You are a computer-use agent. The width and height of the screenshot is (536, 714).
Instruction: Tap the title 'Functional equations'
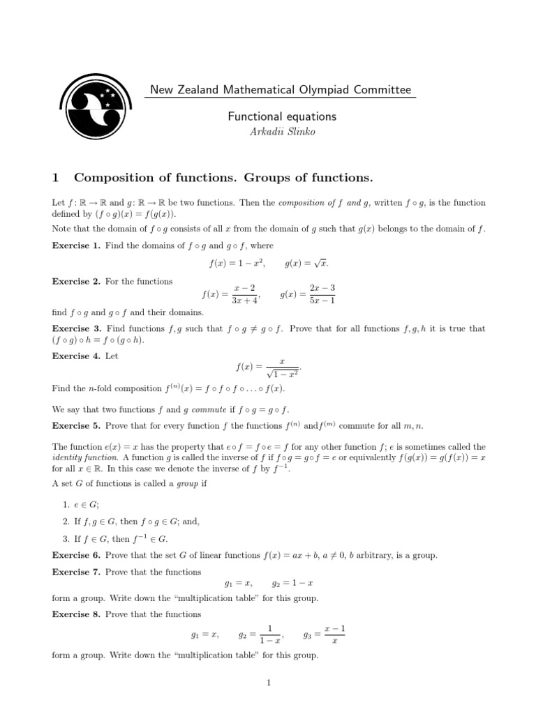pyautogui.click(x=282, y=116)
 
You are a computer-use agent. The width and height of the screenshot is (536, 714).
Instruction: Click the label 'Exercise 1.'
pyautogui.click(x=76, y=245)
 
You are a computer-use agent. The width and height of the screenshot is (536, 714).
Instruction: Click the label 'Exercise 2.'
pyautogui.click(x=76, y=281)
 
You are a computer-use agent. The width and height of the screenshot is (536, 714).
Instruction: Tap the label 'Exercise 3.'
pyautogui.click(x=76, y=328)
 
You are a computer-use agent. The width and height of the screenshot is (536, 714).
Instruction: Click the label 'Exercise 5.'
pyautogui.click(x=76, y=424)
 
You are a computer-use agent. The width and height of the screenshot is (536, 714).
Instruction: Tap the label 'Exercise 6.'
pyautogui.click(x=76, y=555)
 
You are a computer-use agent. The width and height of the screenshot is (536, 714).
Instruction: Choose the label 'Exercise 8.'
pyautogui.click(x=76, y=614)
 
